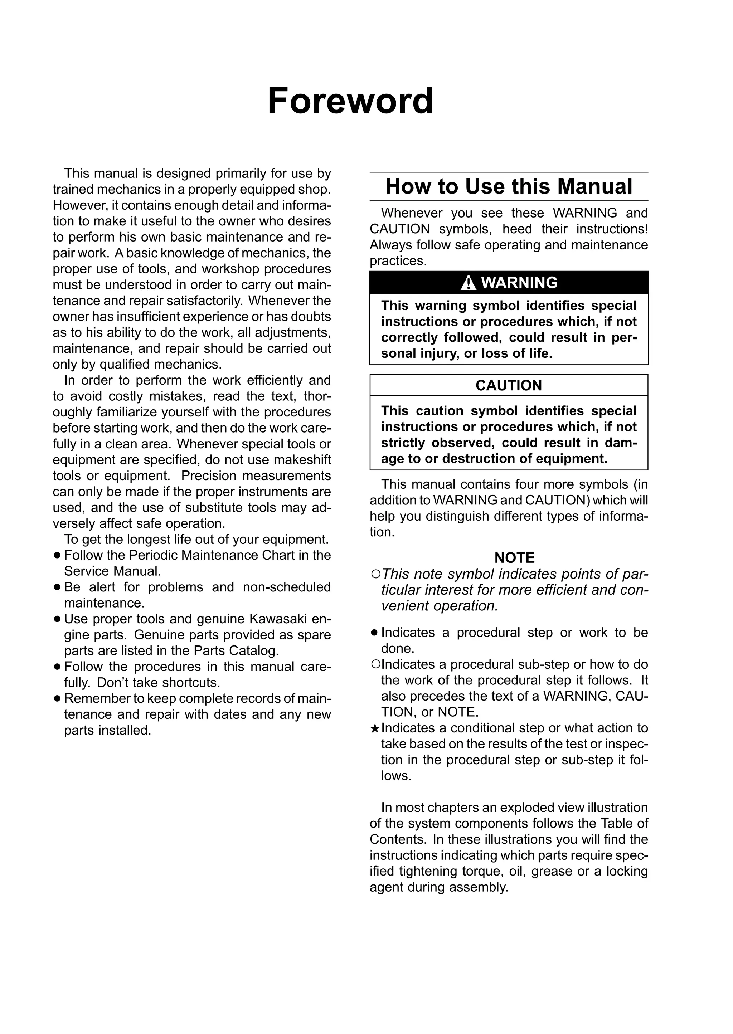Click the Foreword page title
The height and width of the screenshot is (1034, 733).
click(350, 101)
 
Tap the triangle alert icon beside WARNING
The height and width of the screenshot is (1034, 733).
click(469, 283)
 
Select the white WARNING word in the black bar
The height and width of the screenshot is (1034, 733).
click(519, 283)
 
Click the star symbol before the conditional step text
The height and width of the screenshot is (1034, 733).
click(375, 728)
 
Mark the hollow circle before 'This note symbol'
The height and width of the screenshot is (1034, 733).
click(375, 574)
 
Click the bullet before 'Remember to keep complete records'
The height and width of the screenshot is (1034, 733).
click(57, 699)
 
